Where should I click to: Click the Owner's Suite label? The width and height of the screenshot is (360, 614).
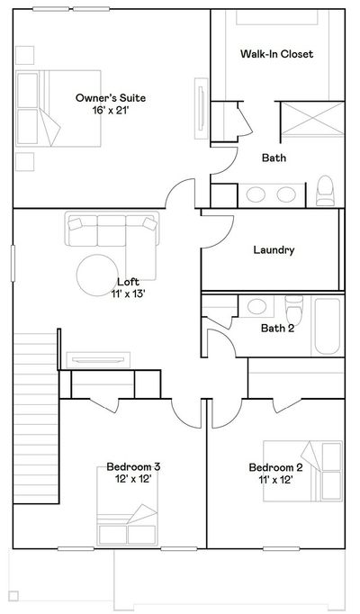[x=111, y=98]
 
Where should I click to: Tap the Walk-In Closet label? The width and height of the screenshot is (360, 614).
[x=276, y=54]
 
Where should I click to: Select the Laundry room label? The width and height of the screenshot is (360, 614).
[x=274, y=249]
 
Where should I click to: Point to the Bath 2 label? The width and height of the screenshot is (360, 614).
[x=277, y=328]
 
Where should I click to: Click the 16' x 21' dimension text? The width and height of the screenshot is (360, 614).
[x=111, y=111]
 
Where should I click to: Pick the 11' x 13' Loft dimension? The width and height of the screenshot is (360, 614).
[x=129, y=293]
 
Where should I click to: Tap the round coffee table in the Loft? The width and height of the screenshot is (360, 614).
[x=97, y=275]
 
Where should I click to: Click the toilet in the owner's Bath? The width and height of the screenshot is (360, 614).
[x=325, y=191]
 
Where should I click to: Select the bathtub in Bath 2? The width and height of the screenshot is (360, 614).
[x=328, y=326]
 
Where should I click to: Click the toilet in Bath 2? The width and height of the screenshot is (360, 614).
[x=294, y=310]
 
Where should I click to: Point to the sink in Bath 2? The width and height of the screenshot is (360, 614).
[x=257, y=306]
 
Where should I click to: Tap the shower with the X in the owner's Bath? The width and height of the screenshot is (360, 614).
[x=313, y=119]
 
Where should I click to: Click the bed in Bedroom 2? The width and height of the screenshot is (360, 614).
[x=302, y=471]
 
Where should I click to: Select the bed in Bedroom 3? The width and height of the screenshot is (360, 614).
[x=127, y=506]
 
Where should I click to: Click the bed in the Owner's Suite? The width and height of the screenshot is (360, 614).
[x=58, y=108]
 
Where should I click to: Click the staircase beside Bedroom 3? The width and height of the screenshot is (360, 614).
[x=36, y=418]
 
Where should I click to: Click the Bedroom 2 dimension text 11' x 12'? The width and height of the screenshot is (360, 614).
[x=276, y=479]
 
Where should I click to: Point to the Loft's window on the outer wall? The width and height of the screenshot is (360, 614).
[x=13, y=263]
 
